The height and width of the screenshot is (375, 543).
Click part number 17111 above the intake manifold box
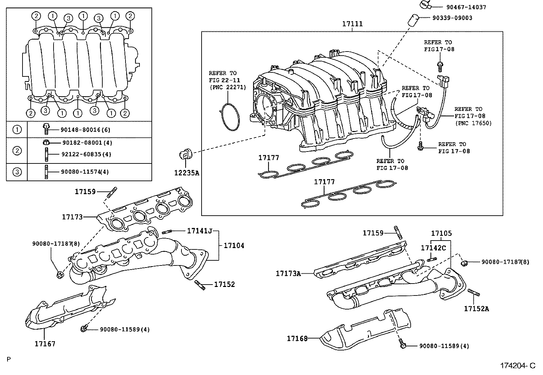352,24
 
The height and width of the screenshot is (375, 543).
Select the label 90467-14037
466,7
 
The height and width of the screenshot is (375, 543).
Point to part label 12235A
186,173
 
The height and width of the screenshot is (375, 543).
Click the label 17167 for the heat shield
45,344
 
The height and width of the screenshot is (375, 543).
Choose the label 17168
297,338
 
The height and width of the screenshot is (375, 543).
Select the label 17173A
288,273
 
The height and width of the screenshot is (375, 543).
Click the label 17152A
476,309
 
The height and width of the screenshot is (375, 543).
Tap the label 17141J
200,231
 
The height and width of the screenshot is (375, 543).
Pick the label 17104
234,245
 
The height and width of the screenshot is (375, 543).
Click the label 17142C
433,248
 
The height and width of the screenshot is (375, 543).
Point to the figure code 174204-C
518,366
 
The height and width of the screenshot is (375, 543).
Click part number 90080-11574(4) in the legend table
85,172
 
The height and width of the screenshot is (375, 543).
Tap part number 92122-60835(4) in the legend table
86,154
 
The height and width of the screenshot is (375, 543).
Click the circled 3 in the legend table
17,172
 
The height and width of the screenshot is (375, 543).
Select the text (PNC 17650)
473,123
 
